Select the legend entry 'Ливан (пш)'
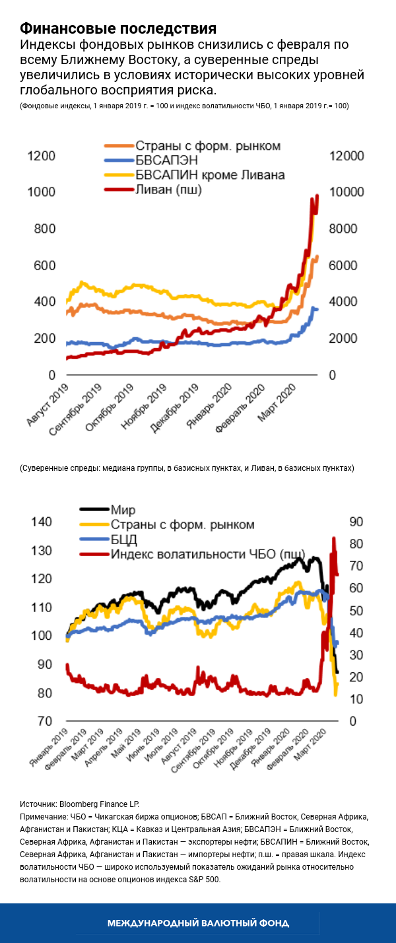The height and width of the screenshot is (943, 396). point(168,190)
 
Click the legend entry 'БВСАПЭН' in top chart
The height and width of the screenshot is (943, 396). point(166,160)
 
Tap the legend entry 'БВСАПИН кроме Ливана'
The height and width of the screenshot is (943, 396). point(210,175)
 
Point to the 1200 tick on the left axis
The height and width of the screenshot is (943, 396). point(42,156)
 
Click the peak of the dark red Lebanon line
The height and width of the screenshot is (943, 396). point(317,195)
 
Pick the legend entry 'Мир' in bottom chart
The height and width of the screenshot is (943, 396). point(121,510)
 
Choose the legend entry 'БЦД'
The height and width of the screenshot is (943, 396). point(124,540)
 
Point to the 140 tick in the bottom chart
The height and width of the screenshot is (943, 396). point(42,522)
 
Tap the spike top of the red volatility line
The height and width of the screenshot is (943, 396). point(333,538)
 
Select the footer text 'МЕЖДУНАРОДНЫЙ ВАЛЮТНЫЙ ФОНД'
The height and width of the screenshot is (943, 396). point(198,923)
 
